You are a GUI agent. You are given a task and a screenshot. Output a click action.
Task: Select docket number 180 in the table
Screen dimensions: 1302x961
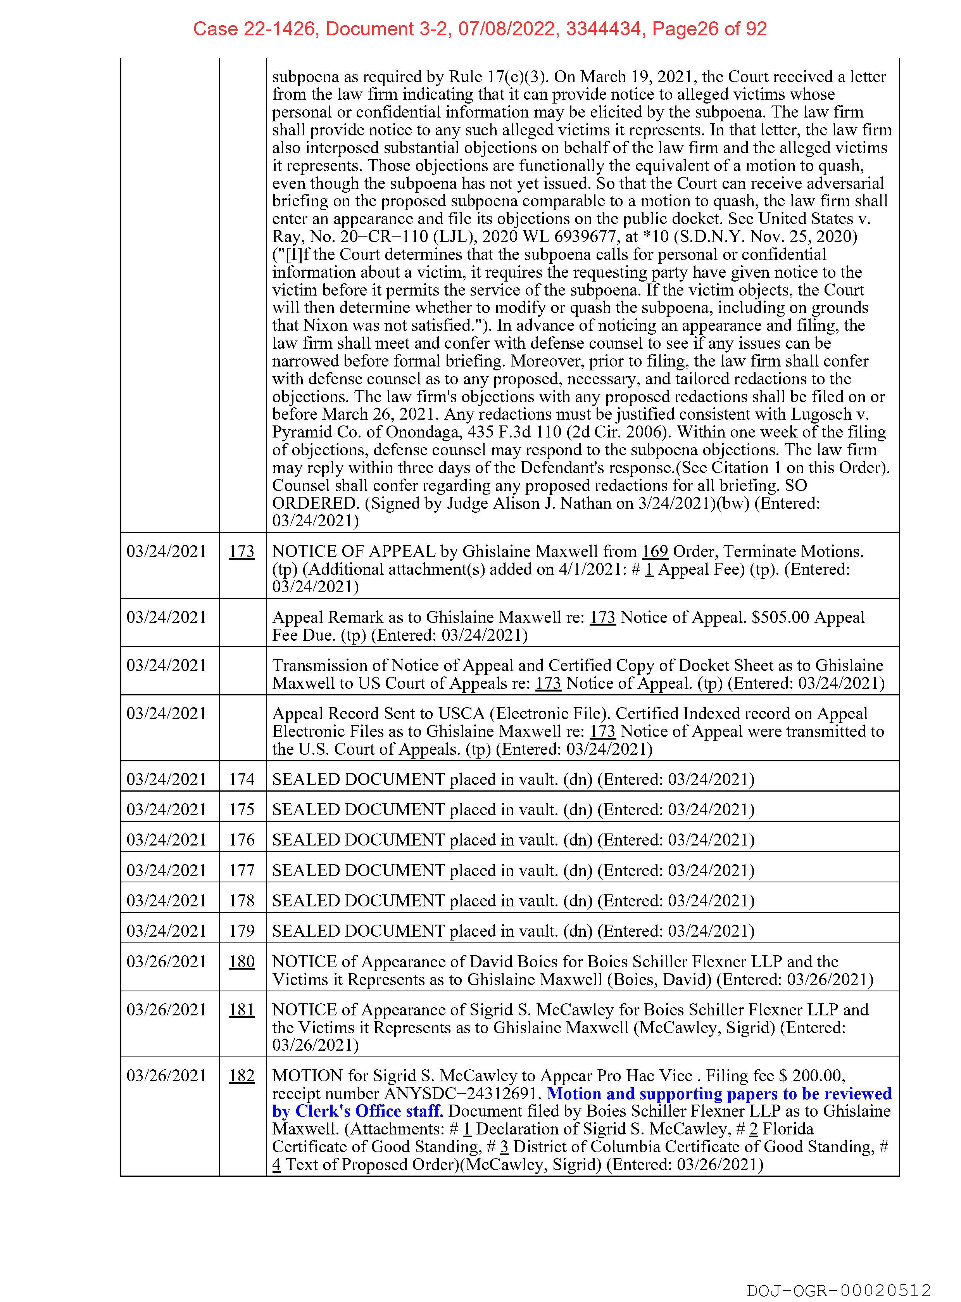click(242, 961)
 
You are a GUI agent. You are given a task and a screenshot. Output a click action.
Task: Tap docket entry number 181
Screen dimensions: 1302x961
click(242, 1010)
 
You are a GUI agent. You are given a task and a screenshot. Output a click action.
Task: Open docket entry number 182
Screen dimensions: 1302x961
click(242, 1075)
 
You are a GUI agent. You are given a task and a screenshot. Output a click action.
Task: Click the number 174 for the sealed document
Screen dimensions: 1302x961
click(242, 779)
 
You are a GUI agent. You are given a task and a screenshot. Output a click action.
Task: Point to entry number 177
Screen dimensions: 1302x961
click(242, 870)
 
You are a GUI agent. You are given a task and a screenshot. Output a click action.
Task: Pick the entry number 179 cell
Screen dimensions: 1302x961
click(242, 931)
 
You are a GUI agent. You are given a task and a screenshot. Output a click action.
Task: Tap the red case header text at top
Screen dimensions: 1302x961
click(480, 29)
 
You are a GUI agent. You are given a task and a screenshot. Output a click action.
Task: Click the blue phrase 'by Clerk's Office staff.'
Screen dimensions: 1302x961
click(358, 1111)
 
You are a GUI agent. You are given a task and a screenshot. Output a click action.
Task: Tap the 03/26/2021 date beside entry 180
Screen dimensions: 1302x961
click(166, 961)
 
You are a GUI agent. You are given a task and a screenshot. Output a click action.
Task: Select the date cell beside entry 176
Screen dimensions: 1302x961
click(166, 840)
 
